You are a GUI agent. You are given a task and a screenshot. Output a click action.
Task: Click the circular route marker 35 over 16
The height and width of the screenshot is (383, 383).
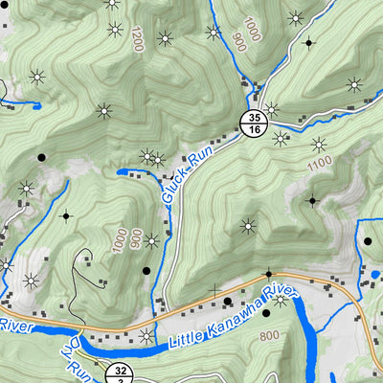[252, 123]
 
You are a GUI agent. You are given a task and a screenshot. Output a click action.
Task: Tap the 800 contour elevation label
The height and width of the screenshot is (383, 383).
[269, 335]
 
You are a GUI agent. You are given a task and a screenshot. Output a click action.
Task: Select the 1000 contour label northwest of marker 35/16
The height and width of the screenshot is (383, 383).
[251, 30]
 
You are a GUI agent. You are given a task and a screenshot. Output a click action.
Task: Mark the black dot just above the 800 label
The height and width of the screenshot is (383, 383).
[265, 313]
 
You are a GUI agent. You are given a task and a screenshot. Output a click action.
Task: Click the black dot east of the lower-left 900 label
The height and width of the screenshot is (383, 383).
[146, 271]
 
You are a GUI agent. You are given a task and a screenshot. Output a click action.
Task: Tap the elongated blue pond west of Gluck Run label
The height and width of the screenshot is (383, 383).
[134, 172]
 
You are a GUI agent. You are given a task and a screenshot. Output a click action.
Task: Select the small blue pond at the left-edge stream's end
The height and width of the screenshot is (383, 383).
[35, 103]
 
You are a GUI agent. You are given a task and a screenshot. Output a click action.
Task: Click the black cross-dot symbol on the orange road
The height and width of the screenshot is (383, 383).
[269, 274]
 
